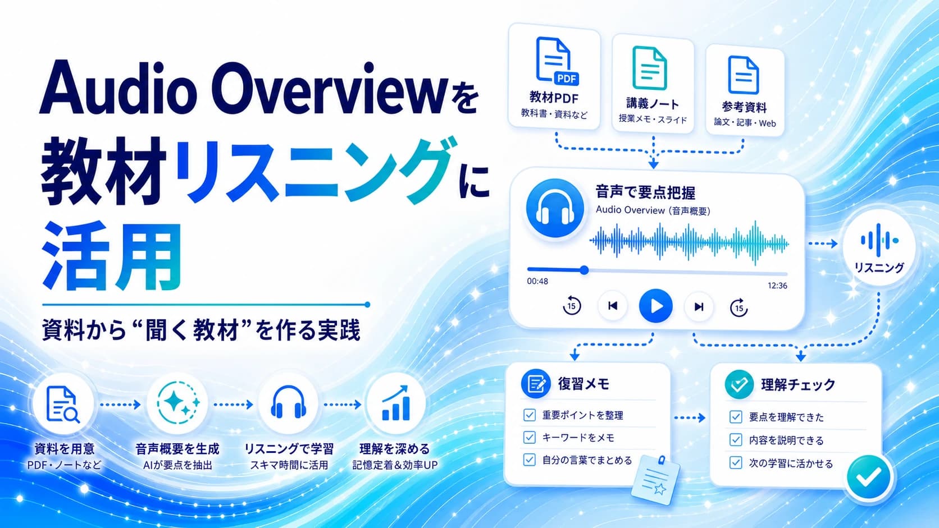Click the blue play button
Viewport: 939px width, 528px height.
[x=655, y=306]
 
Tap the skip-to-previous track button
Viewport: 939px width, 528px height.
[x=613, y=306]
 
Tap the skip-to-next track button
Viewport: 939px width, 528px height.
[x=699, y=307]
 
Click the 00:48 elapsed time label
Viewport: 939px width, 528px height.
[x=537, y=281]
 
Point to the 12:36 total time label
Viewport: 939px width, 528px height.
[x=777, y=286]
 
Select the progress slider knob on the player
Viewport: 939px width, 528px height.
[x=584, y=270]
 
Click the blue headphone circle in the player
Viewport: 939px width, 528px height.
[x=555, y=209]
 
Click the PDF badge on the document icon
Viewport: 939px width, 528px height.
[x=567, y=79]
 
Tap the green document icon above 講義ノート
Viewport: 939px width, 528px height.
[x=649, y=68]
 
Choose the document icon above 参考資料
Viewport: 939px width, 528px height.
[x=743, y=75]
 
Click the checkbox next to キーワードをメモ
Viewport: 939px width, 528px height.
[x=530, y=438]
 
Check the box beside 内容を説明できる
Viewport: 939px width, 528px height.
[x=736, y=440]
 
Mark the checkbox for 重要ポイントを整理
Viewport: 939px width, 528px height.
[x=530, y=415]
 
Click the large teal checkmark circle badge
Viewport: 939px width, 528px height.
[x=869, y=476]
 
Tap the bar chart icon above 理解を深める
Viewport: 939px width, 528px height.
[x=395, y=403]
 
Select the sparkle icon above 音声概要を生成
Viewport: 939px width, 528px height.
[x=177, y=403]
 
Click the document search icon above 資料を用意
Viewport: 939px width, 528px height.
[x=62, y=405]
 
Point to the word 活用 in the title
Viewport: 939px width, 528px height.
[x=112, y=256]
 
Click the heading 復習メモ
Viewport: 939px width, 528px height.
[x=583, y=384]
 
